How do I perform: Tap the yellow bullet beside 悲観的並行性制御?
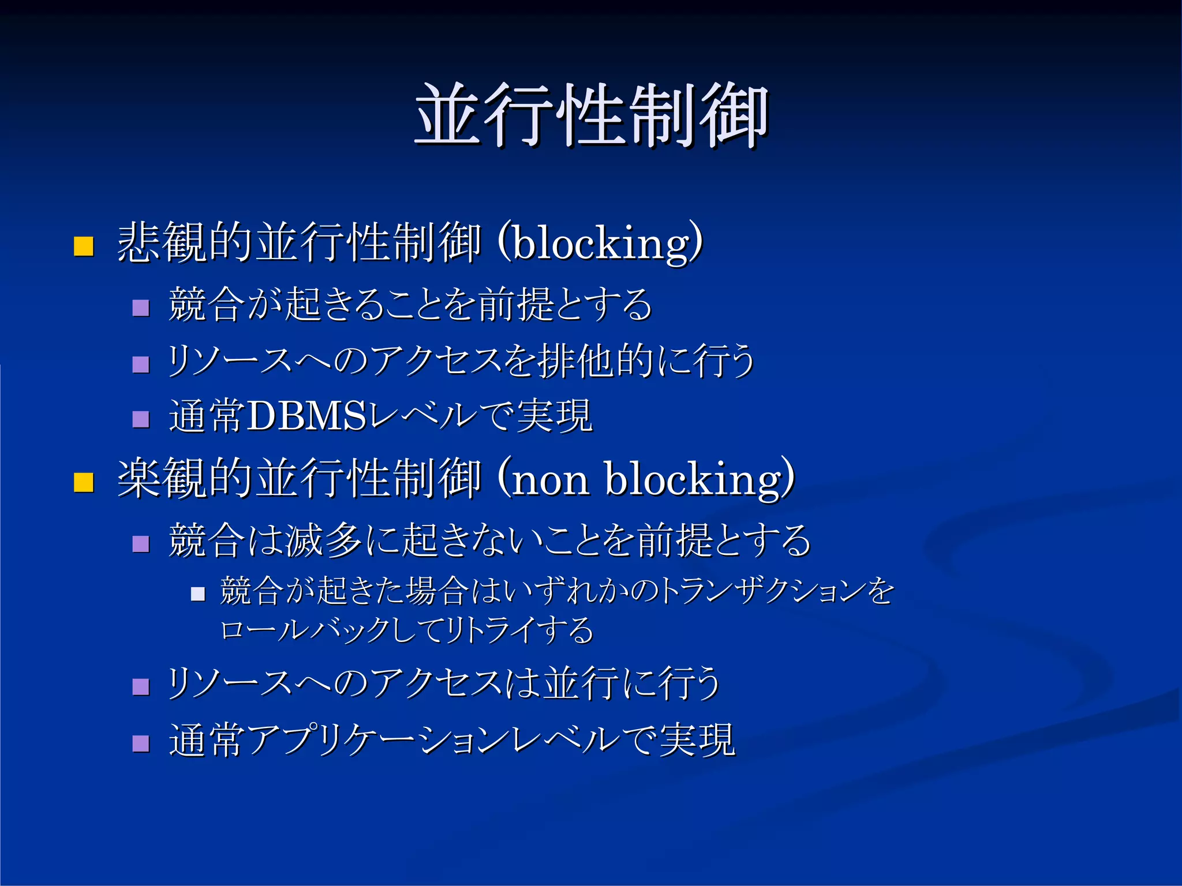(84, 246)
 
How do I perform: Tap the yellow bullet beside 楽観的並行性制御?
(84, 482)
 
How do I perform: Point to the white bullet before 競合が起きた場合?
(198, 594)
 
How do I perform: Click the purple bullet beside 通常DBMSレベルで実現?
(141, 419)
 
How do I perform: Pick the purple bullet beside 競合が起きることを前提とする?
(141, 307)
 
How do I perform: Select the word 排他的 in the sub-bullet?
(594, 362)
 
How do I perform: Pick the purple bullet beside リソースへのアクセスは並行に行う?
(141, 686)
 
